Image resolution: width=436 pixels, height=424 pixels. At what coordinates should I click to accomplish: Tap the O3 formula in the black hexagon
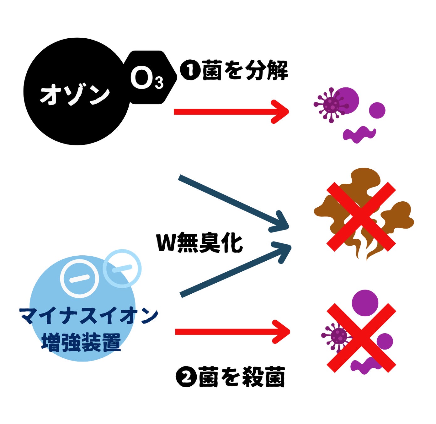(x=147, y=79)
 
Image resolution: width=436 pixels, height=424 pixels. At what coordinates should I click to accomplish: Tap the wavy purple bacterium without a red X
(x=359, y=134)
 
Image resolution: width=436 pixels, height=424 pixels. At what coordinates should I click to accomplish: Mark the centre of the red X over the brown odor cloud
(x=361, y=217)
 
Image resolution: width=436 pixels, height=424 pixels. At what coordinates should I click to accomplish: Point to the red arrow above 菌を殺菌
(x=232, y=332)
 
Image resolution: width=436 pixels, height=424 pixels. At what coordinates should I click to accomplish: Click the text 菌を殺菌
(x=242, y=377)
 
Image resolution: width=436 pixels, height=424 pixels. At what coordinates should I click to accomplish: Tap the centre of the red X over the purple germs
(x=361, y=338)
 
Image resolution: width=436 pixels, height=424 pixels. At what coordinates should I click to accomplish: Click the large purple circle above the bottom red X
(x=365, y=302)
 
